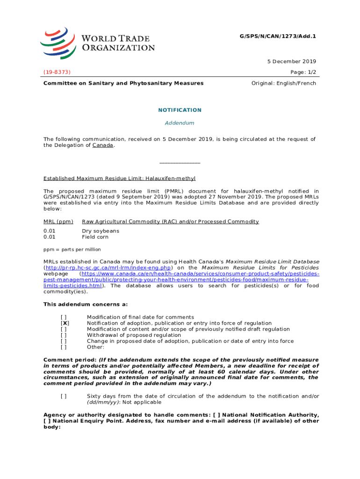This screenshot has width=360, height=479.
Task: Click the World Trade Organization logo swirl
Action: [57, 43]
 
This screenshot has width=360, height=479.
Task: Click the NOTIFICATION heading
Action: [180, 110]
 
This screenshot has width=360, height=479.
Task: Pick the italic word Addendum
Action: [180, 123]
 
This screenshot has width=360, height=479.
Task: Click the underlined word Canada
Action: [103, 145]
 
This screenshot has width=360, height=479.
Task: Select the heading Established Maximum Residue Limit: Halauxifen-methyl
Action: [119, 178]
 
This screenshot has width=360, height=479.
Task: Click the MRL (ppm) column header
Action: [58, 221]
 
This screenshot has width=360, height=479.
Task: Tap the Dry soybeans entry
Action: [101, 231]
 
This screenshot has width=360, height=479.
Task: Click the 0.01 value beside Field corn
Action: [50, 237]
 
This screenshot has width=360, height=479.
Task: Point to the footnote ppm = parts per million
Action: [72, 250]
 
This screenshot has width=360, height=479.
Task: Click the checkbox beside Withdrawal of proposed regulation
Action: [64, 335]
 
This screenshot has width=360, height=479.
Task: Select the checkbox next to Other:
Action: [64, 347]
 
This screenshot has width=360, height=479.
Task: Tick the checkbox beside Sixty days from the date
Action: [64, 396]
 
